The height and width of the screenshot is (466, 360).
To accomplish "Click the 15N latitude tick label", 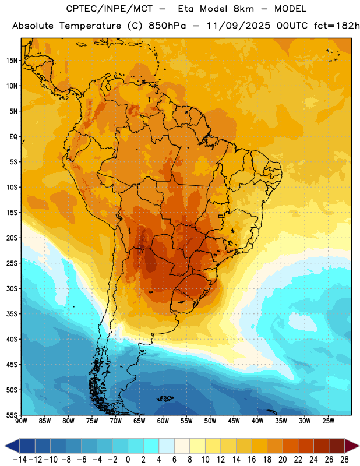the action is [x=12, y=61].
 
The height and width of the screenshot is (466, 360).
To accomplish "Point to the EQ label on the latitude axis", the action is [x=13, y=137].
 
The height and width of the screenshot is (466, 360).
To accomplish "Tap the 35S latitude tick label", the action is [x=12, y=314].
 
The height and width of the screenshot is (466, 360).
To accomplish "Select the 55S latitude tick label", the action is [x=12, y=415].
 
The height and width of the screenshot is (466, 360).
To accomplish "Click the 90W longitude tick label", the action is [x=21, y=421].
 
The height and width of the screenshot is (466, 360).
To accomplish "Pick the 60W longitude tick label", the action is [x=163, y=421].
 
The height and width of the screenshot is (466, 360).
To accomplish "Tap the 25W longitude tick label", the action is [x=328, y=421].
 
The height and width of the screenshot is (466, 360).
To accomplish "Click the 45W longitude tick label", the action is [x=234, y=421].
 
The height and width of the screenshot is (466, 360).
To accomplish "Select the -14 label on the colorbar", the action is [x=20, y=460].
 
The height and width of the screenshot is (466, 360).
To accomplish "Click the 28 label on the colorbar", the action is [x=344, y=460].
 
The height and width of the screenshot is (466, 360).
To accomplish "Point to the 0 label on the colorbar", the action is [x=128, y=460].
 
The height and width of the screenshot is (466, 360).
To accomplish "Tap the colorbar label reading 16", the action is [x=252, y=460].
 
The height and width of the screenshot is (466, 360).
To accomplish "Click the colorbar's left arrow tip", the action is [x=5, y=446].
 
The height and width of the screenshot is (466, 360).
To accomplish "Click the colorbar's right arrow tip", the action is [x=359, y=446].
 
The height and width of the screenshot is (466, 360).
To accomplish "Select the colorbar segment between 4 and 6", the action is [x=167, y=446].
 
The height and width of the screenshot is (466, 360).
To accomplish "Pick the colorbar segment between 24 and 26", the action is [x=321, y=446].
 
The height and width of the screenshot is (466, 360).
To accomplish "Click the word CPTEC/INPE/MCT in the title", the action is [x=110, y=9].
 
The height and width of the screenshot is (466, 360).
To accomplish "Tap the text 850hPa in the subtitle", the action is [x=167, y=26].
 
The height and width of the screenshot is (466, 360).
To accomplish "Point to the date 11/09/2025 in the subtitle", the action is [x=238, y=26].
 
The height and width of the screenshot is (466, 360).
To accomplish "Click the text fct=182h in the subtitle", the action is [x=337, y=26].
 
